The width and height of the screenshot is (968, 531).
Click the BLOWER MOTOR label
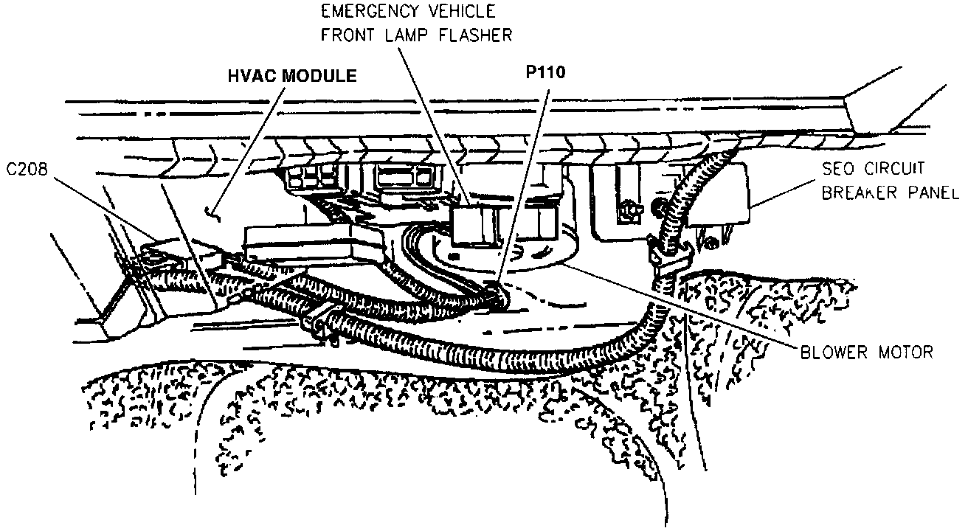pos(866,352)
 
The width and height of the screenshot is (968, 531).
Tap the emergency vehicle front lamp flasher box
pos(471,223)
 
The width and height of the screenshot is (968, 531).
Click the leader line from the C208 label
pos(103,206)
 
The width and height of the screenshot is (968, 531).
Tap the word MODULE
pos(319,76)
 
